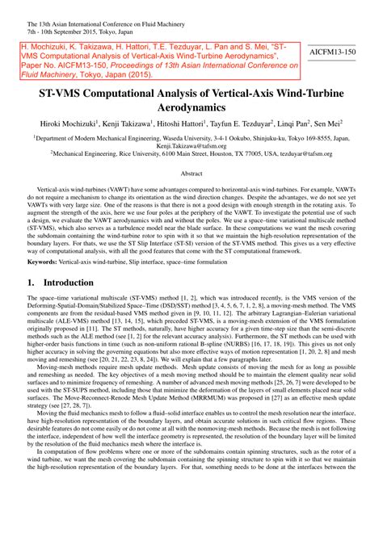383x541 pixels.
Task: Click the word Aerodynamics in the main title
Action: point(191,107)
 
